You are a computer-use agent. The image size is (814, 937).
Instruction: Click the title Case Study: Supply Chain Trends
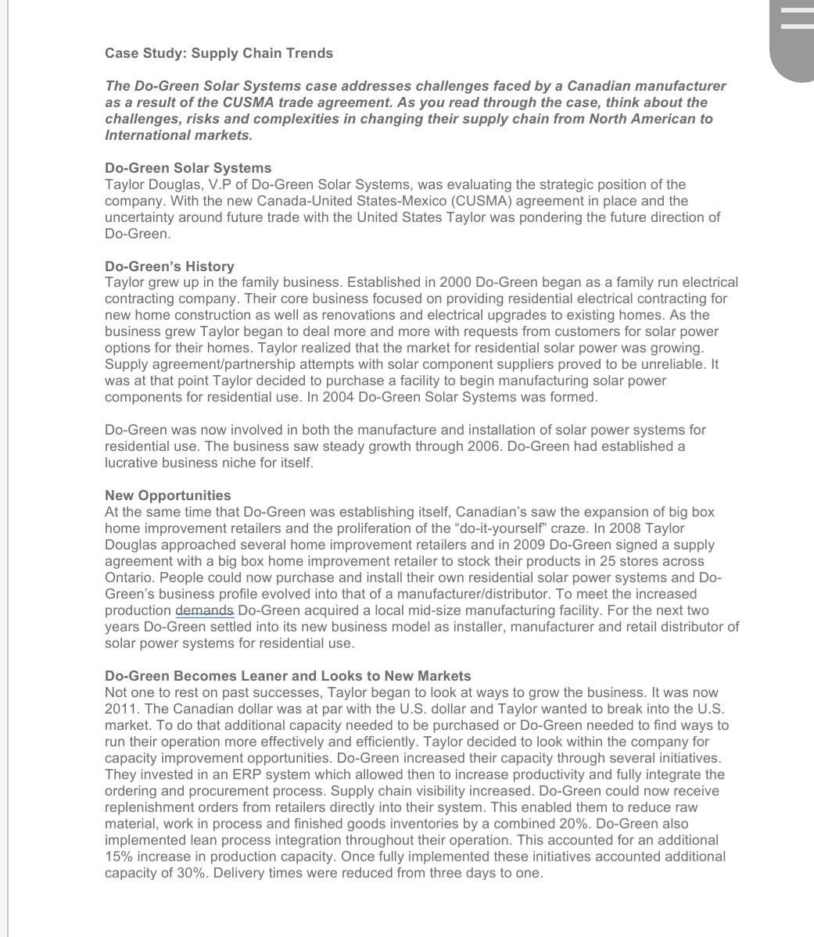219,53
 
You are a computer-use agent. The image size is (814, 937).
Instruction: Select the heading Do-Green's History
170,266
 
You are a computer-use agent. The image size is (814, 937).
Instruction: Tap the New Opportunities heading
168,495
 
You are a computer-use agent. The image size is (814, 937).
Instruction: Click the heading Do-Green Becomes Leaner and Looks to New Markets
288,676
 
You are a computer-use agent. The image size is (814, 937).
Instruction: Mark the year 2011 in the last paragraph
120,709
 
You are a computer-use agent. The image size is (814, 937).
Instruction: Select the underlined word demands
204,610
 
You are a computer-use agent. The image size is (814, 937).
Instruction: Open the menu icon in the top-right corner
796,18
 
